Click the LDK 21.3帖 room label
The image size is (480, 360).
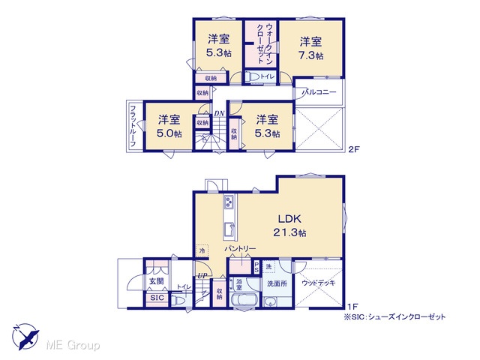[289, 226]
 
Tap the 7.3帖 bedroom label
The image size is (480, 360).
[310, 48]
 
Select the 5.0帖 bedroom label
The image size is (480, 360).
[169, 127]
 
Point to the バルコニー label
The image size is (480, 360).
[319, 91]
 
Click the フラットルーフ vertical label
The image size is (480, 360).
[133, 126]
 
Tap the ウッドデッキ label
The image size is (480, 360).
[318, 283]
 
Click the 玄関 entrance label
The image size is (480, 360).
[156, 281]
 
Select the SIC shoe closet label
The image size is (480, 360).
[157, 298]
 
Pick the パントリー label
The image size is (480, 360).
[240, 248]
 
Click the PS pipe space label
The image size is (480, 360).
[256, 267]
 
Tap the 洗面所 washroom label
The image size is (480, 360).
[277, 283]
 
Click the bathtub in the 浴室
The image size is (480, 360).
[244, 299]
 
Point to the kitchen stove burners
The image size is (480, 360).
[229, 202]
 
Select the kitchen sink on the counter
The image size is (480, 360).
[229, 229]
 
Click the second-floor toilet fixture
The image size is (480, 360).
[252, 76]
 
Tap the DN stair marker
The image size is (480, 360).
[219, 113]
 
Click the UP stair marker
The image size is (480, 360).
[202, 276]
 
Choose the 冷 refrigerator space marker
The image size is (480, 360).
[202, 251]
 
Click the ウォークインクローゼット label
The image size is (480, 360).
[264, 43]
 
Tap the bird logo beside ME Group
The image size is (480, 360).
[26, 337]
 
